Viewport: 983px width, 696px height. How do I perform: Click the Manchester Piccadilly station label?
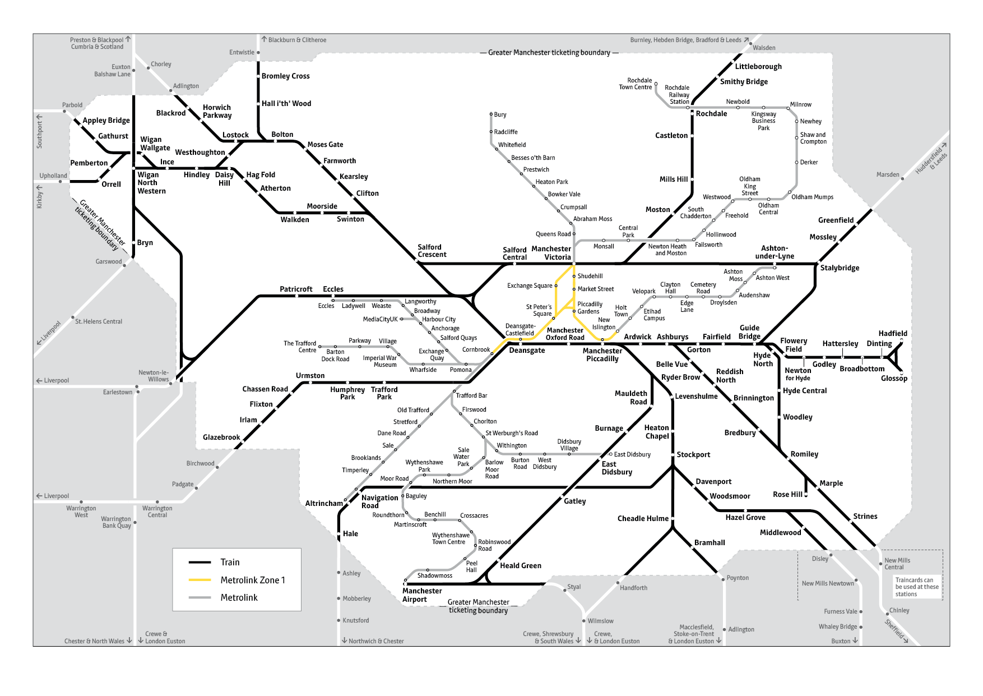[x=602, y=355]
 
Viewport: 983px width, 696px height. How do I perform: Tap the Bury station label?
[x=500, y=115]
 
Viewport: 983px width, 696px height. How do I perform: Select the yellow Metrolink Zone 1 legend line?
[x=200, y=580]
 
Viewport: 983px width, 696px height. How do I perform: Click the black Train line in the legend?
[x=200, y=562]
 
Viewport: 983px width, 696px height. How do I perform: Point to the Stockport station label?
[x=693, y=455]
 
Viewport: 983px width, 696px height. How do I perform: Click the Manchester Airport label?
[x=422, y=595]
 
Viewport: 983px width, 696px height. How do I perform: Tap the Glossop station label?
[x=894, y=379]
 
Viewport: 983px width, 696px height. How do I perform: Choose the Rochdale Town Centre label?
[x=636, y=84]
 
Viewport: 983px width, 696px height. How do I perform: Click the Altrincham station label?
[x=324, y=504]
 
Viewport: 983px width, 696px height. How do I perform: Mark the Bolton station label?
[x=282, y=135]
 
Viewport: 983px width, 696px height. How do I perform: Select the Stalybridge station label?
[x=840, y=268]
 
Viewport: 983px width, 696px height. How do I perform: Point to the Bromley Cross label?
[x=285, y=76]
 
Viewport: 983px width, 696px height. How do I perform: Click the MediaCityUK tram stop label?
[x=380, y=320]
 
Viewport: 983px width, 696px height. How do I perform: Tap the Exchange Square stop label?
[x=530, y=286]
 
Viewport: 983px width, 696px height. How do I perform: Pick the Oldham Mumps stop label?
[x=812, y=197]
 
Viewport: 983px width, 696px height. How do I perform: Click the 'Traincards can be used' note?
[x=916, y=587]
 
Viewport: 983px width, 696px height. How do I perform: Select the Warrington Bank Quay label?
[x=117, y=523]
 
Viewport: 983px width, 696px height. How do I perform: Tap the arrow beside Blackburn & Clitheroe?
[x=264, y=39]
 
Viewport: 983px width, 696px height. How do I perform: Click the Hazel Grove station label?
[x=745, y=518]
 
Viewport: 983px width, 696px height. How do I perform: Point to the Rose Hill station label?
[x=787, y=495]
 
